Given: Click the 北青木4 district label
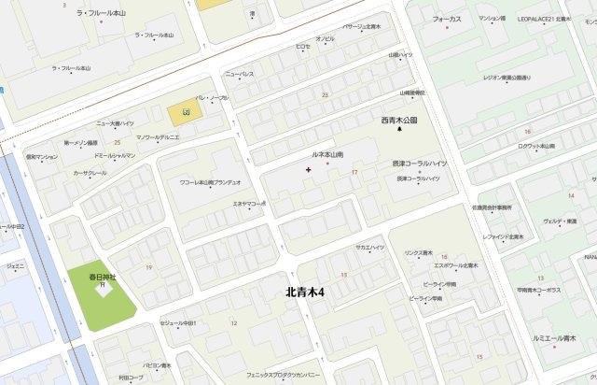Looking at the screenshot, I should coord(305,292).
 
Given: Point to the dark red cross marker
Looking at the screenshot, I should coord(309,169).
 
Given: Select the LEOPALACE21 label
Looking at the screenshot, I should coord(548,19).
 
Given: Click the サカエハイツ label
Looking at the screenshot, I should coord(370,247).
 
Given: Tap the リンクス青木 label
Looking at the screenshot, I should coord(418,253).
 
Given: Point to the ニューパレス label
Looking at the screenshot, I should coord(240,73).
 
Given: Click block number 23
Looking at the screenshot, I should coord(325,94).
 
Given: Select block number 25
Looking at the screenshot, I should coord(118,142).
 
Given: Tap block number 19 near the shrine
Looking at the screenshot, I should coord(148,267).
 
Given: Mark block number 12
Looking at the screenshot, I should coord(233,322).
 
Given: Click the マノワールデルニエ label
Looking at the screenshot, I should coord(158,137).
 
